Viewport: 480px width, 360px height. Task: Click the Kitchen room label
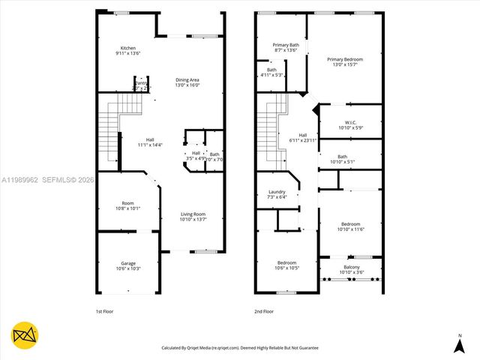128,48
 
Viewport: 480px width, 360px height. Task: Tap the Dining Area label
187,79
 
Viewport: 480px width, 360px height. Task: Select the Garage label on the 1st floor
128,263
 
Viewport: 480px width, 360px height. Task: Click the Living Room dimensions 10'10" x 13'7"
193,220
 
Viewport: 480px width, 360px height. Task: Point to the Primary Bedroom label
344,59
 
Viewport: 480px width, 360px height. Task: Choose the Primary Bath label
286,45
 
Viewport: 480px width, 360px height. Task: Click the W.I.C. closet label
350,122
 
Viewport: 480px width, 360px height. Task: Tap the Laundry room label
277,192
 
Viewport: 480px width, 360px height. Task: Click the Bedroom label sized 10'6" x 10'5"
287,262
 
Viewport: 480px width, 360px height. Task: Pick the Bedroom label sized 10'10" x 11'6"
350,224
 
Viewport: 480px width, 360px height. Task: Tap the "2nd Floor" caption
263,310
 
